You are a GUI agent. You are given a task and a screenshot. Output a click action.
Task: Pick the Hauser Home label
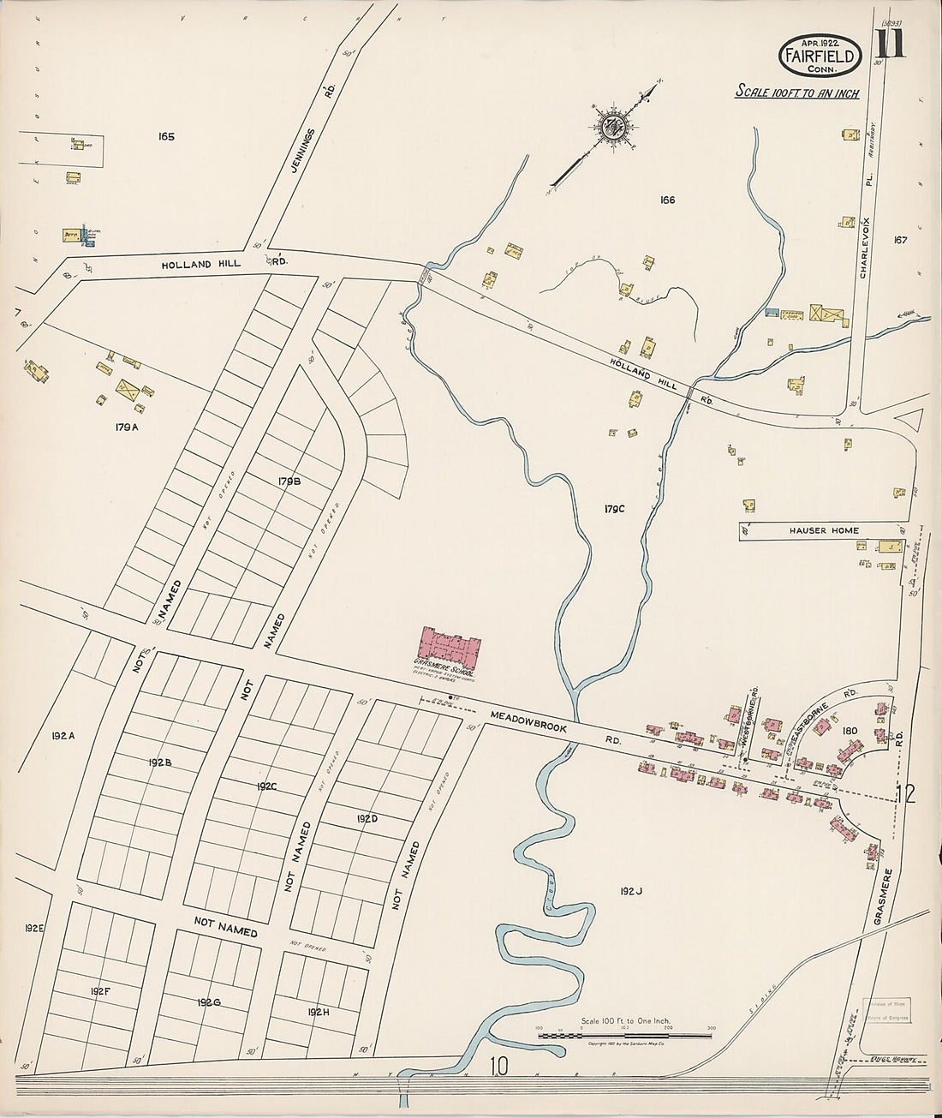pyautogui.click(x=823, y=530)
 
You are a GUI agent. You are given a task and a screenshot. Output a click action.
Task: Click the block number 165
pyautogui.click(x=166, y=136)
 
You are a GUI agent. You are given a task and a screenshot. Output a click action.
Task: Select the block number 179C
pyautogui.click(x=614, y=509)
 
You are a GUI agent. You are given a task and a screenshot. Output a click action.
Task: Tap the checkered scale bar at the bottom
pyautogui.click(x=624, y=1036)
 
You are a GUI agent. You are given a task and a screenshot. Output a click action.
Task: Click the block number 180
pyautogui.click(x=850, y=731)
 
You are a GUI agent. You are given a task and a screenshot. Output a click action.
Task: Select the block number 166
pyautogui.click(x=667, y=200)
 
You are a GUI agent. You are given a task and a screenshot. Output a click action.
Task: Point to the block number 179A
pyautogui.click(x=124, y=427)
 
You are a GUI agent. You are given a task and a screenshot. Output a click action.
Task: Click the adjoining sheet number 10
pyautogui.click(x=499, y=1067)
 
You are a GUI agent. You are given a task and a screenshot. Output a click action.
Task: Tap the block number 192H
pyautogui.click(x=318, y=1012)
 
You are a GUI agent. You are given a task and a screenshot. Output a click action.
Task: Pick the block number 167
pyautogui.click(x=899, y=240)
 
